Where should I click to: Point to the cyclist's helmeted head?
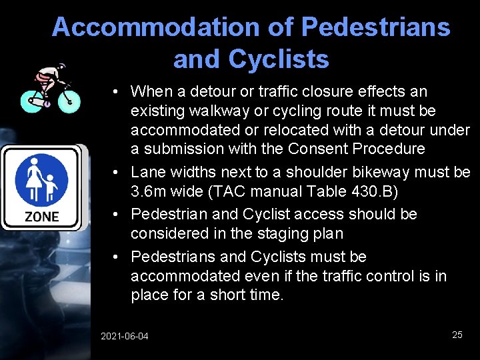pos(62,68)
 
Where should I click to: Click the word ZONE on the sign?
pos(42,216)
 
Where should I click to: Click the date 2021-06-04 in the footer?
pos(125,336)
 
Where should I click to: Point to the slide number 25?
pos(457,335)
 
